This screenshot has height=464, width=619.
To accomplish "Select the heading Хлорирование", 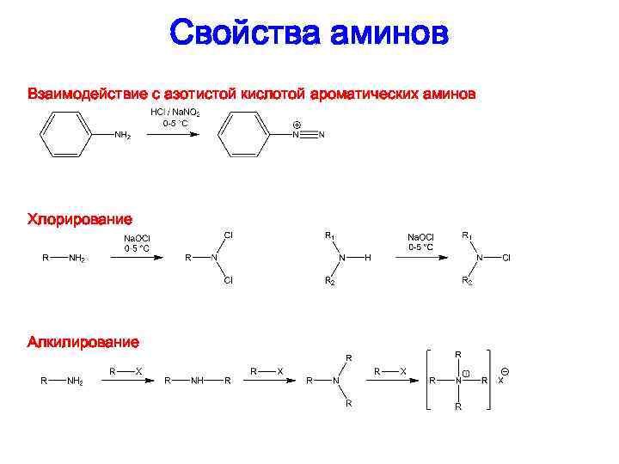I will point(80,220).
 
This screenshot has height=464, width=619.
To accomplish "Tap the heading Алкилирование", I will point(83,342).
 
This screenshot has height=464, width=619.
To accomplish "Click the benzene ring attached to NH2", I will point(64,135).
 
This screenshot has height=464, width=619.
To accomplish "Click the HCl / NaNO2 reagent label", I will point(175,113).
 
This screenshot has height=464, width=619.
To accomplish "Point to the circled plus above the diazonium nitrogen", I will point(297,125).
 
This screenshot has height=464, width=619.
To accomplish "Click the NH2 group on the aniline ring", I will point(123,136).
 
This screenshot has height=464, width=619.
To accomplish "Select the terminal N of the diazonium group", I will point(322,135).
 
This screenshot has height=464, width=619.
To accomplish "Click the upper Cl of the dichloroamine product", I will point(229,235).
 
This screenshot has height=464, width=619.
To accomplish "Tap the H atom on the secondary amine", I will point(367,258).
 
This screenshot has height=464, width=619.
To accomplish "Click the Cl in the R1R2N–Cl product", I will point(506,258).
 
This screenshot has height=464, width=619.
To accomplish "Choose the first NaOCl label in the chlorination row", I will point(138,237).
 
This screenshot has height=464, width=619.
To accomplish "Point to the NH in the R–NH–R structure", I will point(198,380).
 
